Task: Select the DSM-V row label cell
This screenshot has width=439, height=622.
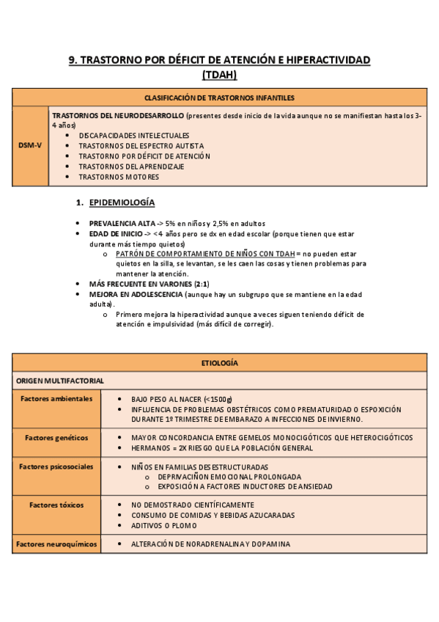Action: coord(30,145)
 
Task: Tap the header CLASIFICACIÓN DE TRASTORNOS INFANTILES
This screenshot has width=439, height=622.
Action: coord(219,98)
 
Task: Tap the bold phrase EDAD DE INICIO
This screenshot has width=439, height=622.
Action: coord(114,234)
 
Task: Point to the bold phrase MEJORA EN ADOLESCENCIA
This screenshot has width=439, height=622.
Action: coord(136,294)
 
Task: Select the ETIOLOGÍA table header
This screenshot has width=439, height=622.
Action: coord(219,362)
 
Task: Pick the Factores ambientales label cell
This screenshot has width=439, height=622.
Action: coord(56,398)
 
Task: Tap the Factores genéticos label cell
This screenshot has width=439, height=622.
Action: coord(56,437)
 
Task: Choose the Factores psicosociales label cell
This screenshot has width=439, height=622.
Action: coord(56,466)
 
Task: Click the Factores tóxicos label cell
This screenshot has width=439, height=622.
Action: coord(56,505)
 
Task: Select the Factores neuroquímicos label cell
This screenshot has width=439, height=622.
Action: coord(56,544)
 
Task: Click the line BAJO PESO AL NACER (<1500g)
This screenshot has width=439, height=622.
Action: coord(180,399)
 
